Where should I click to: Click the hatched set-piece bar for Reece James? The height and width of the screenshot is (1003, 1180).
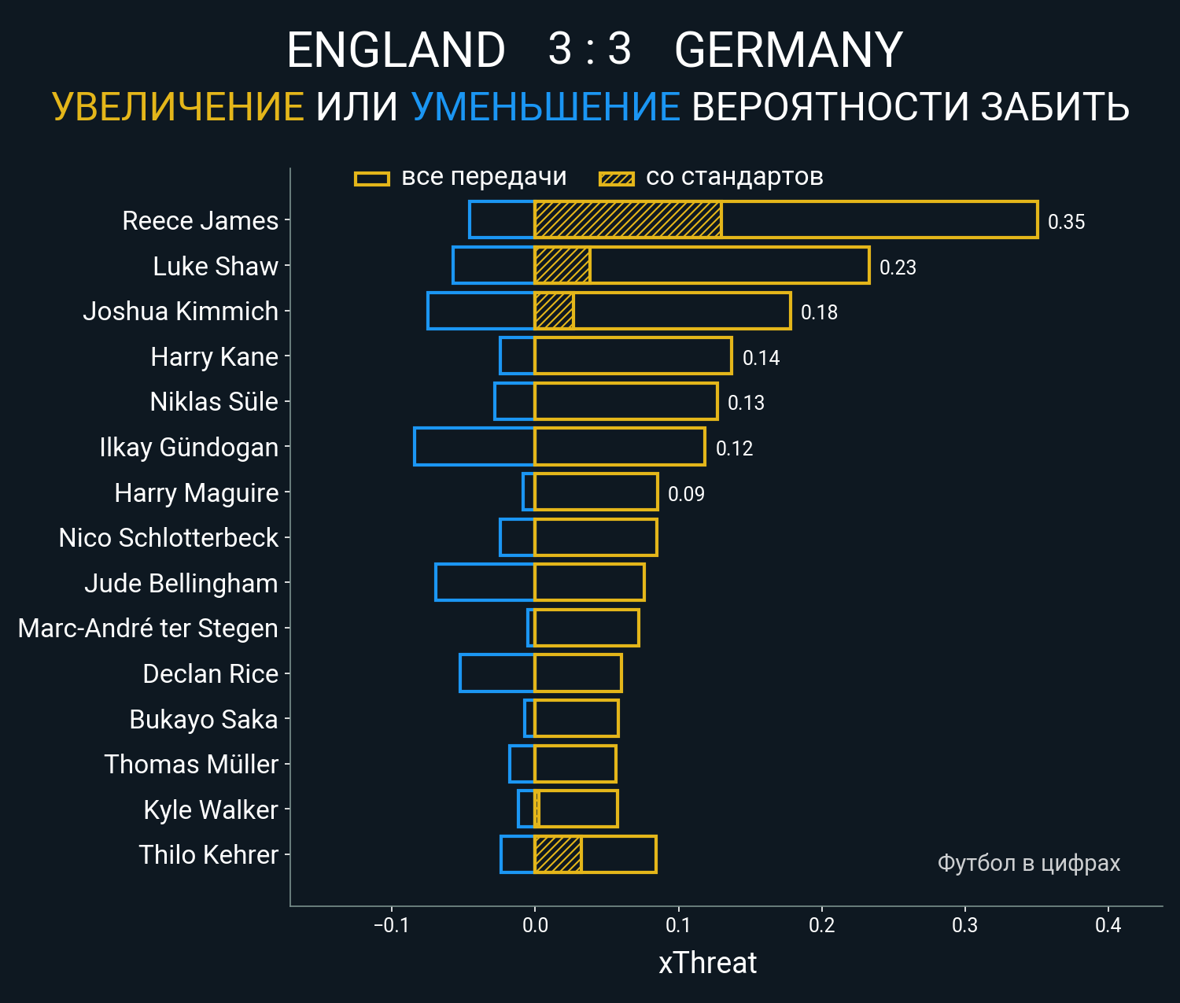coord(628,219)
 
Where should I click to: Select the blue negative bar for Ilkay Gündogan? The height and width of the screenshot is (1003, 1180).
coord(474,447)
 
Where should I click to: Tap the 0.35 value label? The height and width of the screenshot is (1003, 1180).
coord(1066,222)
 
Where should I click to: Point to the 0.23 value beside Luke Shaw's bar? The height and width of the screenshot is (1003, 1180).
coord(898,267)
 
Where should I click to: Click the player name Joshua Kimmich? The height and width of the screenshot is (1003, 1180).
coord(180,312)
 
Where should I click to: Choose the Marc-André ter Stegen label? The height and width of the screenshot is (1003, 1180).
coord(148,629)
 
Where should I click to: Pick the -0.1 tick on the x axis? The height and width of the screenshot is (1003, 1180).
coord(391,925)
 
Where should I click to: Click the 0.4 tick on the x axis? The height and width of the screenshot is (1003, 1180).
coord(1108,925)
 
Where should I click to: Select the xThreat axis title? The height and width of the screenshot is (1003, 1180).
coord(707,963)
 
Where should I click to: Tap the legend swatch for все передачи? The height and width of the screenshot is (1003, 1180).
coord(372,179)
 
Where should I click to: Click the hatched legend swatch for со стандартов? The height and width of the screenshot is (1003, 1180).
coord(617,179)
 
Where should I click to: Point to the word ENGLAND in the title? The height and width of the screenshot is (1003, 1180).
coord(396,50)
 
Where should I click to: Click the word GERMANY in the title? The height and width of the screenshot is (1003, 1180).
coord(788,50)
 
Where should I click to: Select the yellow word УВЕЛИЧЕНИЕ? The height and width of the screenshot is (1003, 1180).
coord(178,107)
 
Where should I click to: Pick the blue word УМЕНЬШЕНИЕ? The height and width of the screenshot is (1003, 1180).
coord(545,107)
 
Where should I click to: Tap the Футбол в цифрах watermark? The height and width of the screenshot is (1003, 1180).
coord(1028,863)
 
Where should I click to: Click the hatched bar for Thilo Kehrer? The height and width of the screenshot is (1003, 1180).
coord(558,854)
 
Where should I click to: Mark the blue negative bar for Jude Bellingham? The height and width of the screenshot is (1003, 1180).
coord(485,583)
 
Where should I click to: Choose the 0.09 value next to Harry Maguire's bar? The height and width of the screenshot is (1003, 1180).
coord(686,494)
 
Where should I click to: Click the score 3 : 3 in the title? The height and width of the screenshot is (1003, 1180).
coord(589,49)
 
